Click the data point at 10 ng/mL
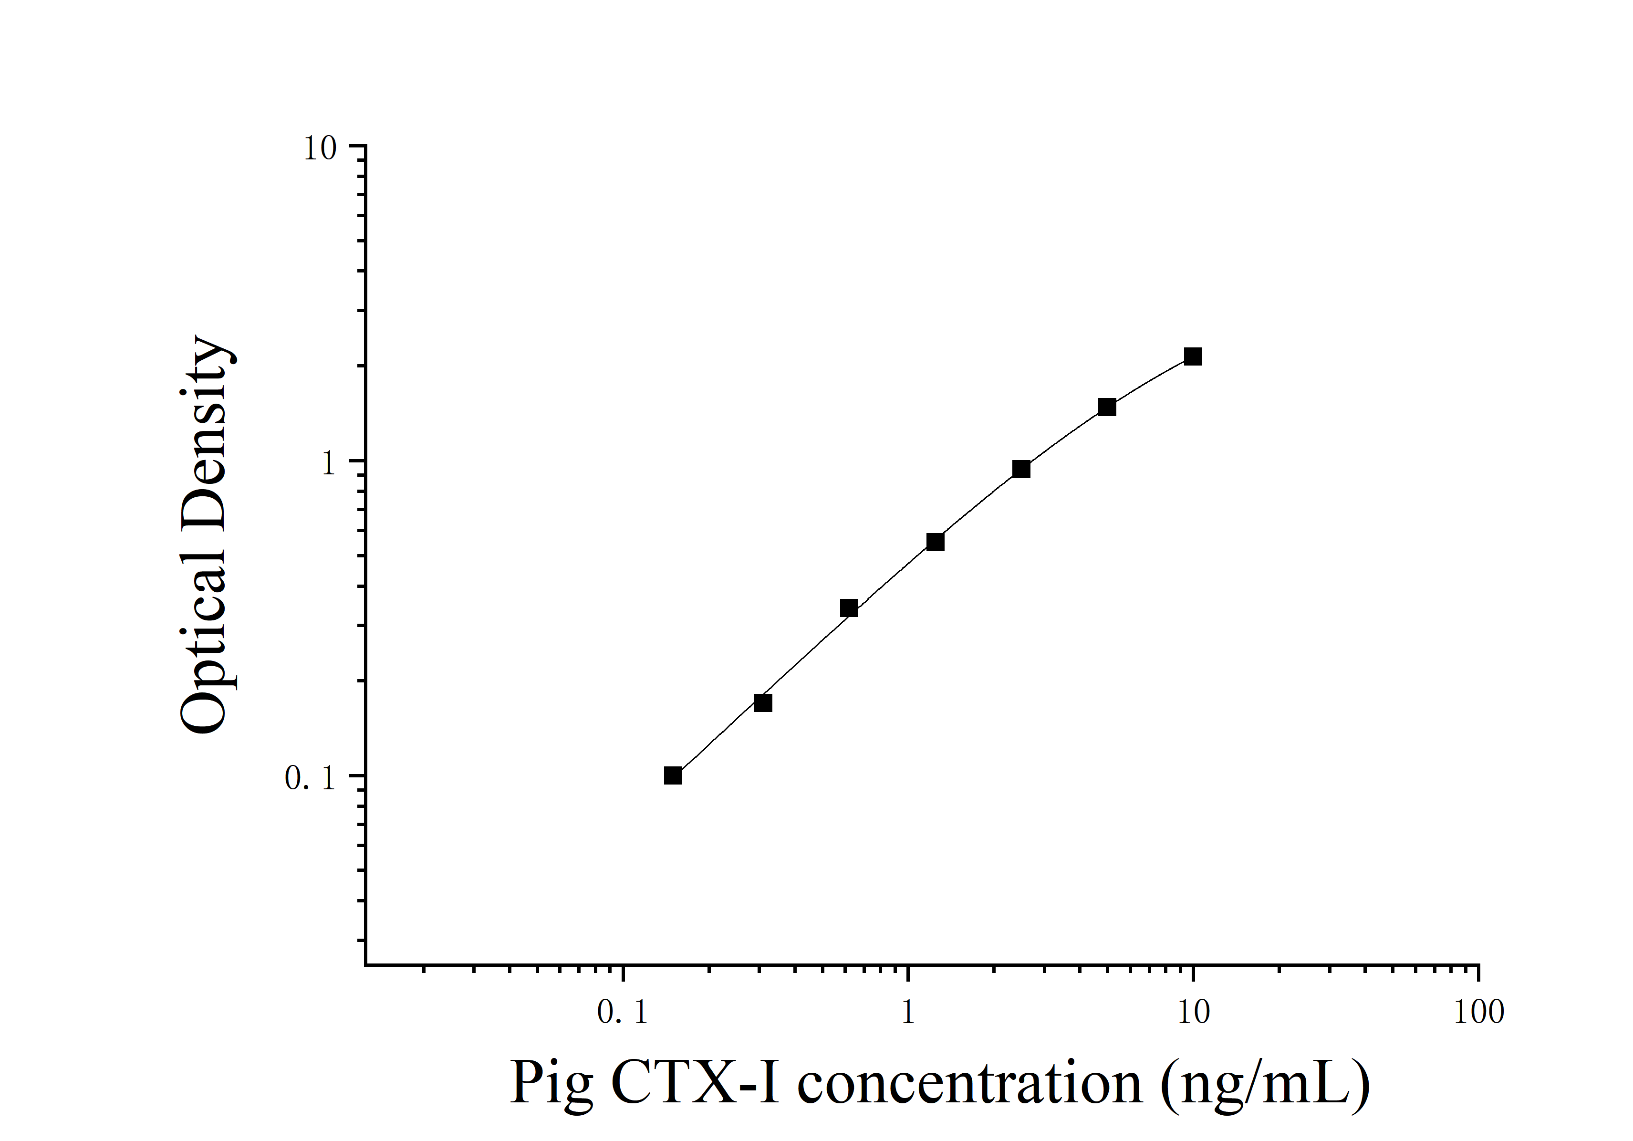(1193, 356)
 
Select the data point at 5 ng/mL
(1107, 407)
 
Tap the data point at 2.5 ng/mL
(1020, 469)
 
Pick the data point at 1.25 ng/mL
(935, 542)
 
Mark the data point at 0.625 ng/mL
(849, 608)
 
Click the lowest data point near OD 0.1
(673, 775)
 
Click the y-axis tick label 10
(319, 149)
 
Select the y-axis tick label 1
(328, 464)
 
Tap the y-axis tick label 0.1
(310, 779)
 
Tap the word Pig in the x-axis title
(551, 1085)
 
